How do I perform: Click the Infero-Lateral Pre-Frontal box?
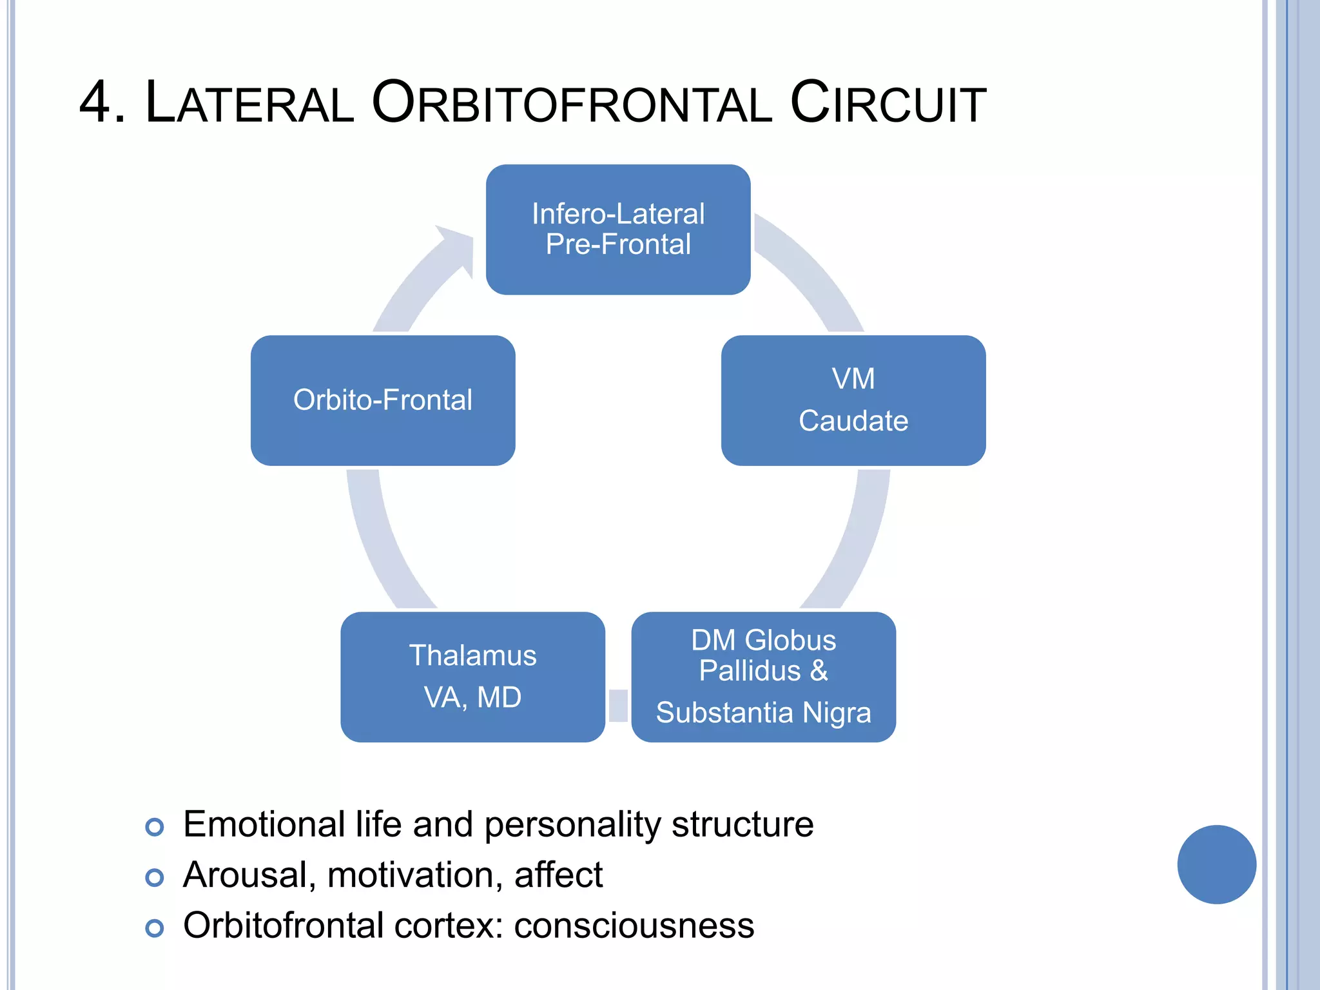(x=617, y=229)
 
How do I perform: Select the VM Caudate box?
(x=853, y=400)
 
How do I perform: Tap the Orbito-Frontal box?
(x=382, y=400)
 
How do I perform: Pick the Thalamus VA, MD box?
(x=472, y=677)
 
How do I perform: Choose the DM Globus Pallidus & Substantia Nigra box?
(x=763, y=677)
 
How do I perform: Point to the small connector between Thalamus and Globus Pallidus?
(x=618, y=705)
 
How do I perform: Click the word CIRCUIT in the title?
(x=888, y=103)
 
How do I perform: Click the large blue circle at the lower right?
(x=1216, y=864)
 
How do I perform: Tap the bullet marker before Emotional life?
(x=155, y=827)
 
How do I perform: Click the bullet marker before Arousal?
(x=155, y=877)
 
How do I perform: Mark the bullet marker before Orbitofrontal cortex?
(x=155, y=928)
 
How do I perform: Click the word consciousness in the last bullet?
(x=634, y=926)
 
